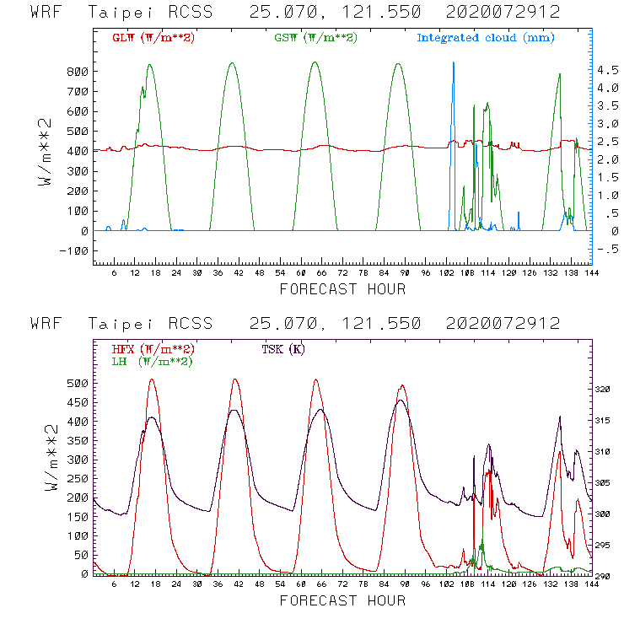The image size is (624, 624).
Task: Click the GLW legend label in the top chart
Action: point(153,38)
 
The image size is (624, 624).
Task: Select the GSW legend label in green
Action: point(315,38)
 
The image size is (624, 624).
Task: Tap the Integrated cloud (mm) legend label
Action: point(486,38)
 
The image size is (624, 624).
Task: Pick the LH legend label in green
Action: point(152,361)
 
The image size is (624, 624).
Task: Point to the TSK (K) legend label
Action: point(282,349)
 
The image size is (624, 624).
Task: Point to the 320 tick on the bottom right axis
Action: point(605,390)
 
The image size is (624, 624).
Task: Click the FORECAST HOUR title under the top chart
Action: point(342,289)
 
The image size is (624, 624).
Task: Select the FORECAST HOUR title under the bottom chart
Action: point(342,600)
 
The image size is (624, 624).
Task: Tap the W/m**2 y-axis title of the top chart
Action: point(48,152)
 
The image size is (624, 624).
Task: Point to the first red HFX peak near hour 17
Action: point(152,380)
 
